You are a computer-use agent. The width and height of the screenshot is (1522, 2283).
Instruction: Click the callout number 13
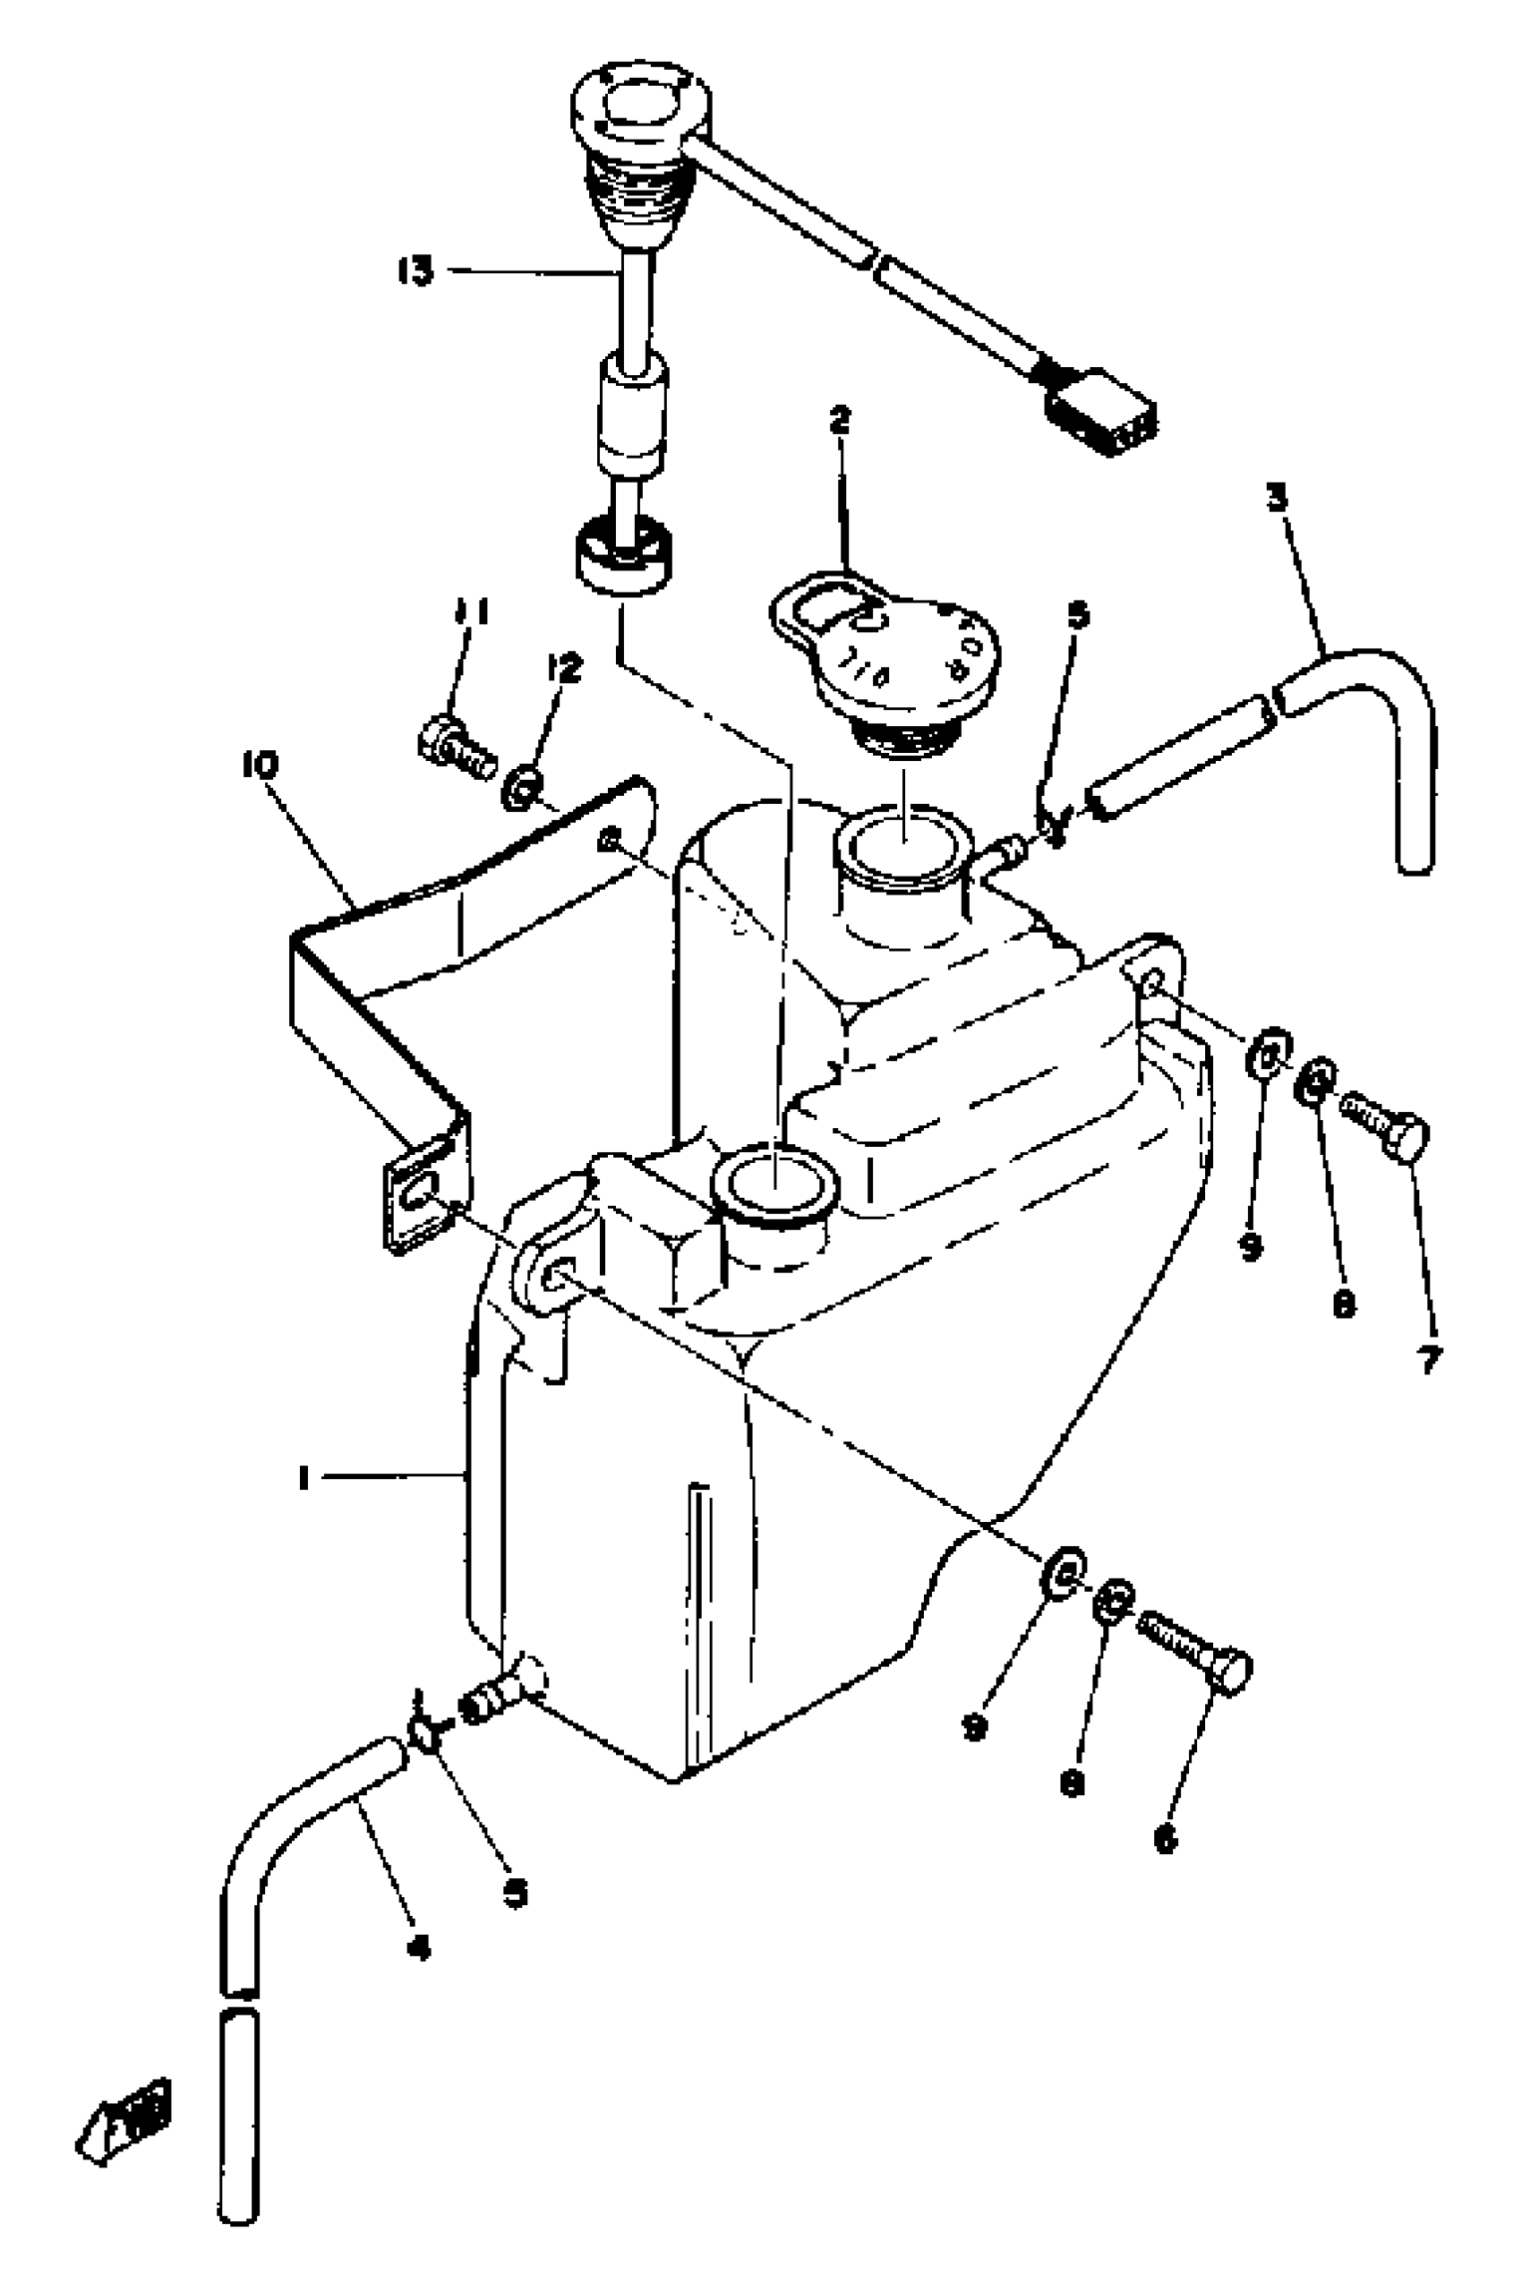point(415,270)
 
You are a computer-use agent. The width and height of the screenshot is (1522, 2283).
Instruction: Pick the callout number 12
point(564,667)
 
